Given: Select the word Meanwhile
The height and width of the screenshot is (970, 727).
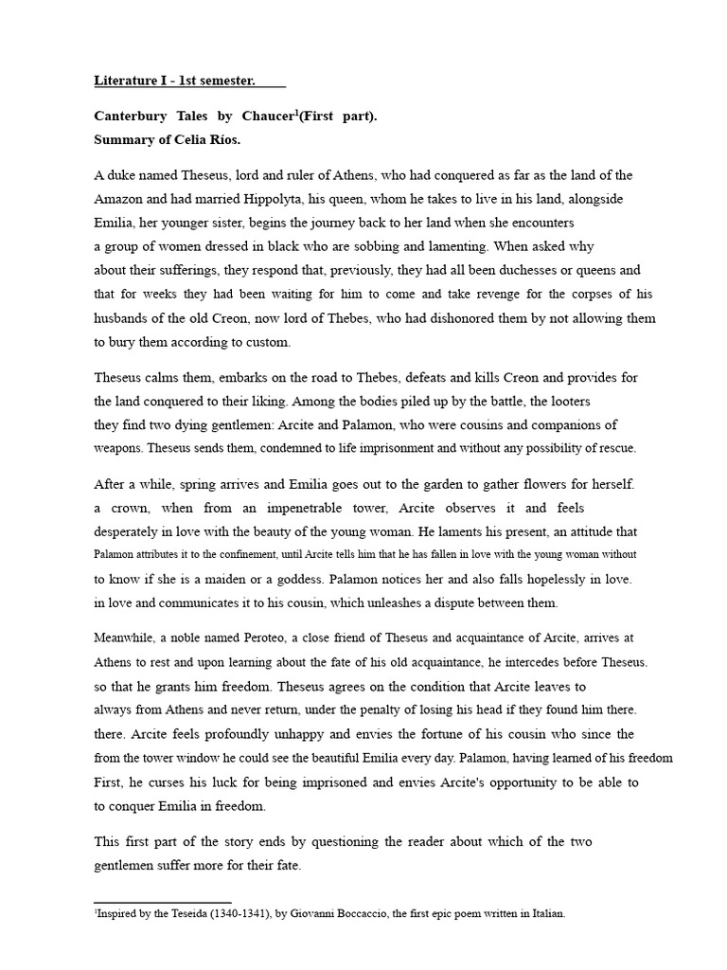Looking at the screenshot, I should pyautogui.click(x=128, y=638).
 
